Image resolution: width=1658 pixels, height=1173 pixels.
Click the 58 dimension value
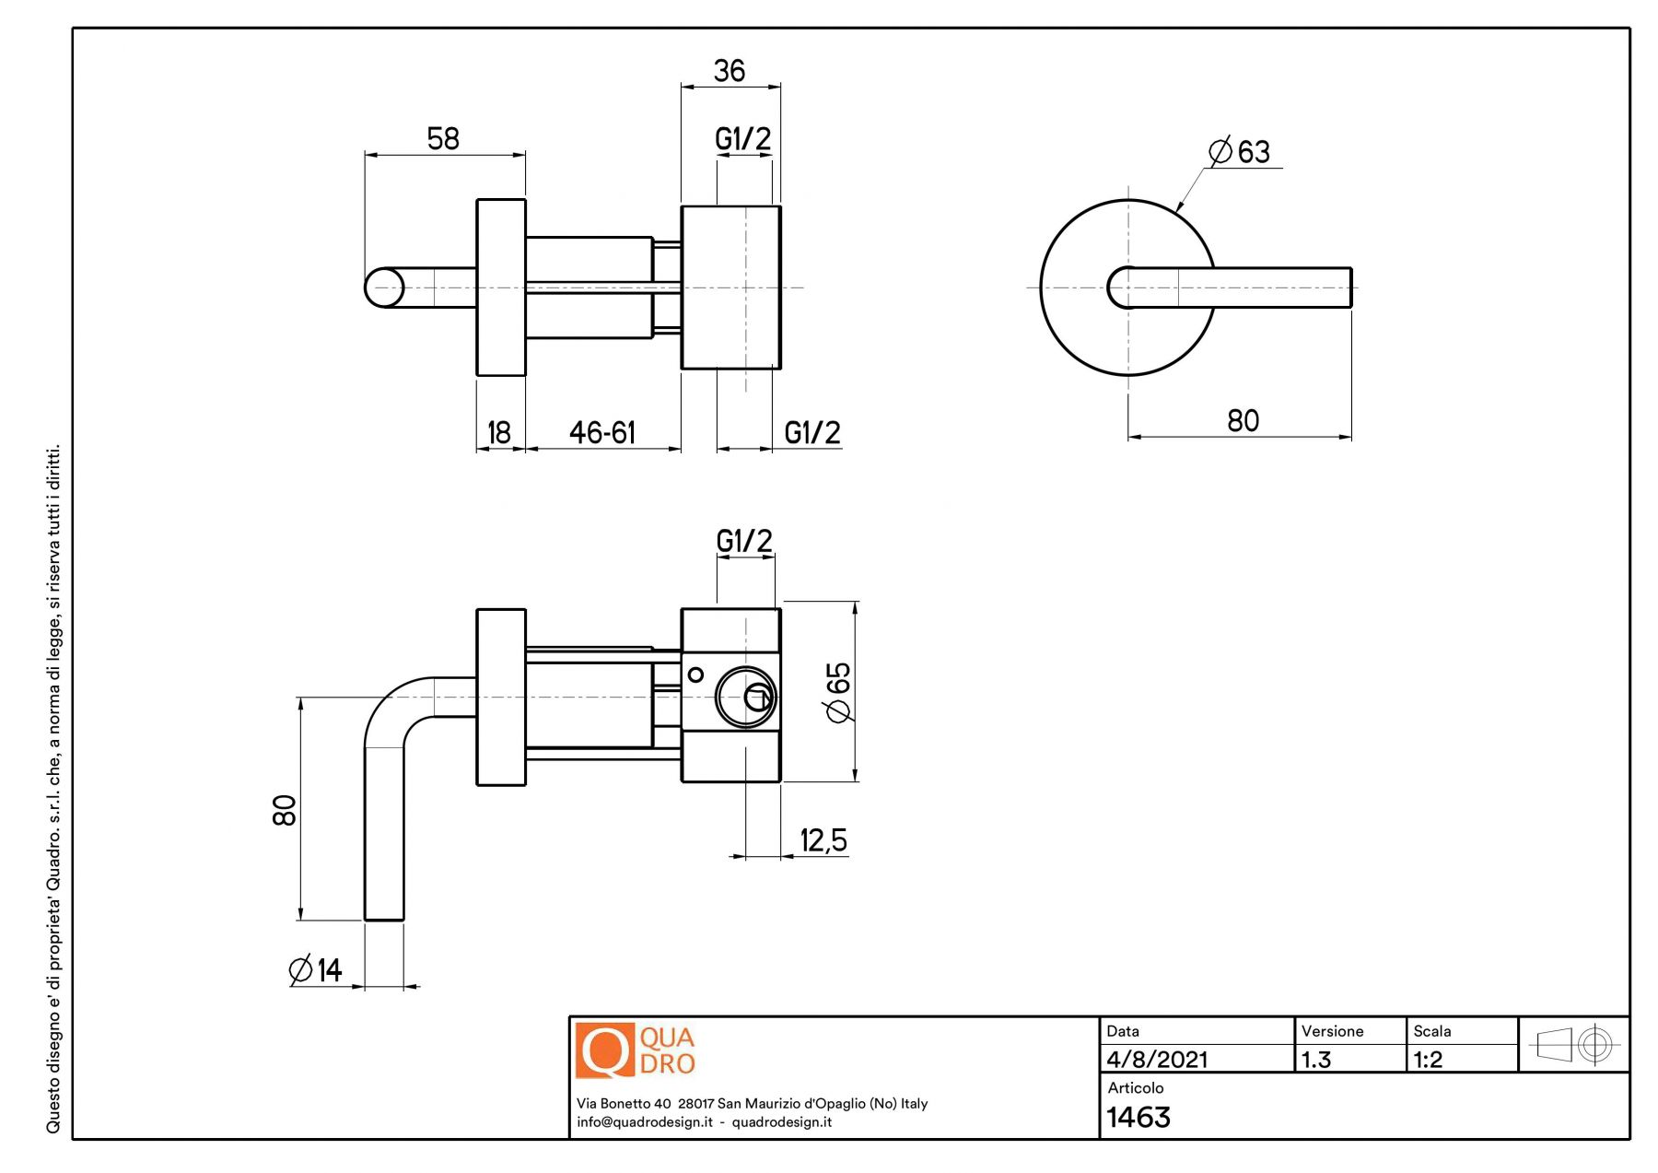443,139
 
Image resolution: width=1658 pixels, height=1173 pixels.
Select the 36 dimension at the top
730,71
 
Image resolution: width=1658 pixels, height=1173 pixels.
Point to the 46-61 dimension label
602,432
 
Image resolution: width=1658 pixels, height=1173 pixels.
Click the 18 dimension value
499,432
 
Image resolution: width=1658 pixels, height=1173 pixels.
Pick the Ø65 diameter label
838,692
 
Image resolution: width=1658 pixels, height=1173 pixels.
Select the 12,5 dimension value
823,840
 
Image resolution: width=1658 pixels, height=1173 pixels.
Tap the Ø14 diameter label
316,969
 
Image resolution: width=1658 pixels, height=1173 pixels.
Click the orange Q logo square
604,1050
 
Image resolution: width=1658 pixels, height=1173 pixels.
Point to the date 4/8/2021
1157,1060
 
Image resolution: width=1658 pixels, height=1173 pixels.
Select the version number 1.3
1316,1060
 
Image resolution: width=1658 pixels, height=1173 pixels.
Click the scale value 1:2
1428,1060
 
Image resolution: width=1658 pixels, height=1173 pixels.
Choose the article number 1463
1138,1118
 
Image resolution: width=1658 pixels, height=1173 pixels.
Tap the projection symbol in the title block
1573,1045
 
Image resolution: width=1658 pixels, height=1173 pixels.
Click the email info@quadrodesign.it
645,1122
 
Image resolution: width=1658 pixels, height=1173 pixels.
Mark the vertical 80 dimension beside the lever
285,810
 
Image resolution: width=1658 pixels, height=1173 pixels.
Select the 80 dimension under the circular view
1243,421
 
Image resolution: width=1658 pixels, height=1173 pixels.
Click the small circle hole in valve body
695,674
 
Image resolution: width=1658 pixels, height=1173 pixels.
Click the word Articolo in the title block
1135,1088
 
